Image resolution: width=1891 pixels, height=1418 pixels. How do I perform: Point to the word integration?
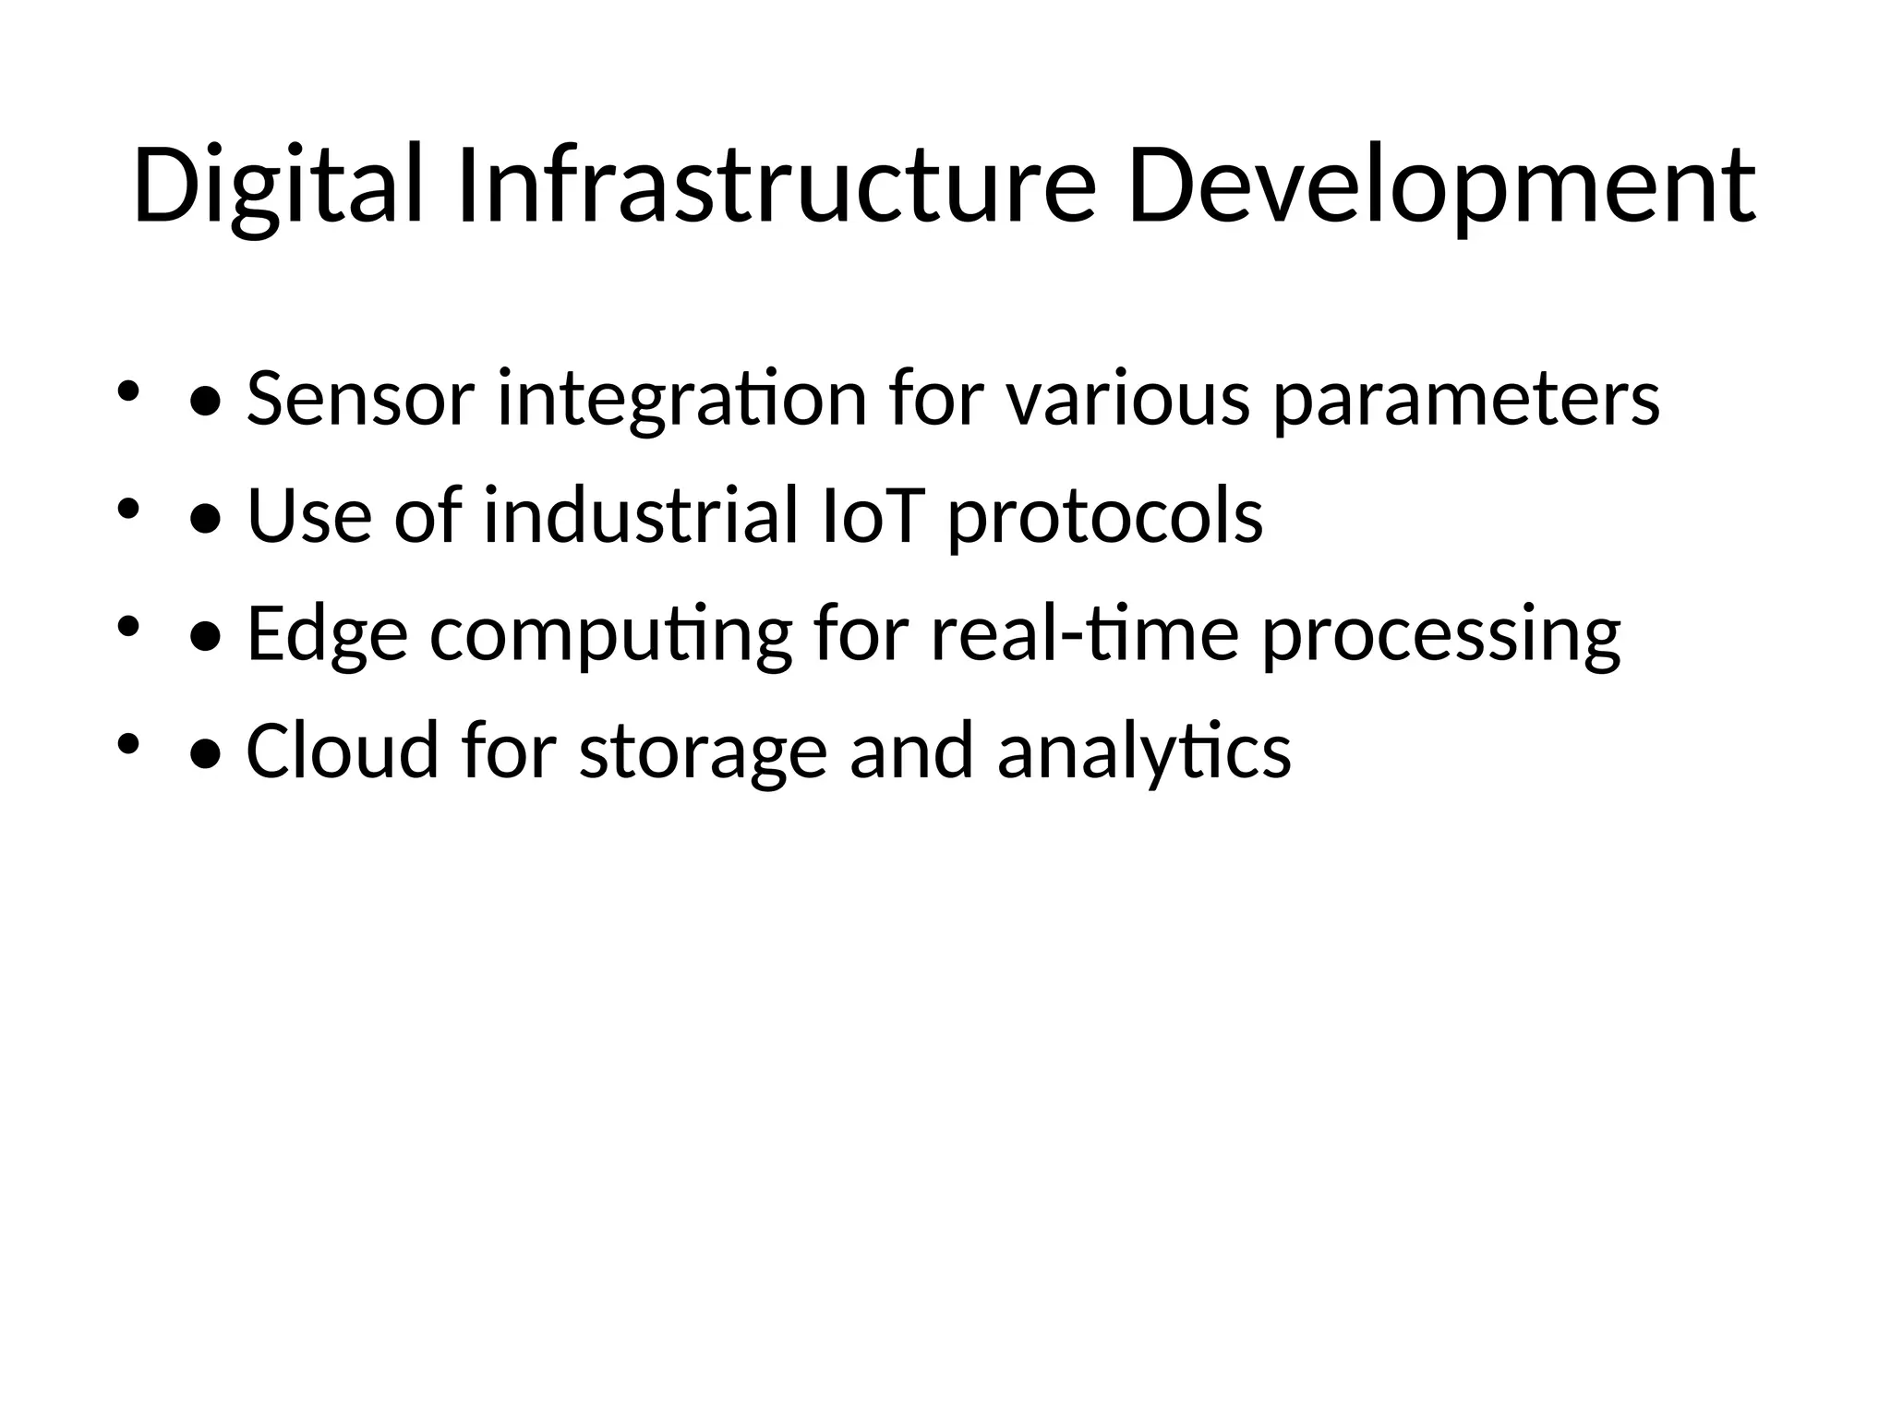(x=681, y=399)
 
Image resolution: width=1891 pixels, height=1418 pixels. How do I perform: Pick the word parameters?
(x=1466, y=399)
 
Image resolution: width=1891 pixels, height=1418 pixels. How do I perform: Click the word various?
(x=1126, y=399)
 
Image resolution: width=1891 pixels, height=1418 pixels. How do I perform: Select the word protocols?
(x=1105, y=515)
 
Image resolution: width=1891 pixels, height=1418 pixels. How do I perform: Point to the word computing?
(x=610, y=633)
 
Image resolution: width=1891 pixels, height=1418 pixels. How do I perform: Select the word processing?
(x=1440, y=633)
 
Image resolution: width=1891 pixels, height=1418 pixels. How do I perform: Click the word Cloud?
(x=343, y=751)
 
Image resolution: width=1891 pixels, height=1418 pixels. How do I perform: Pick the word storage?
(x=702, y=751)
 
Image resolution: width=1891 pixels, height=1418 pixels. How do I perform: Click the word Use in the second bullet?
(x=308, y=515)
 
